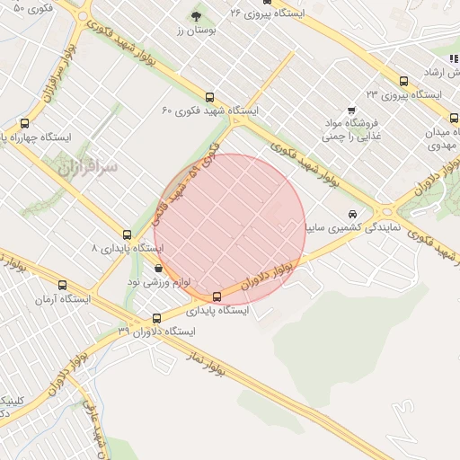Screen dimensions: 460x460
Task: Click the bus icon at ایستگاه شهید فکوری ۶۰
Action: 210,98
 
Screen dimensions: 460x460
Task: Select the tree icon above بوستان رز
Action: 197,16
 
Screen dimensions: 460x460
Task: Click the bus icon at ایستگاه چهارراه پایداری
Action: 24,124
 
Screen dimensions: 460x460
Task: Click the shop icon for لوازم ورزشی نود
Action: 159,267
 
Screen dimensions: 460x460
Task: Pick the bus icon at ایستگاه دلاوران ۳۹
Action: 157,318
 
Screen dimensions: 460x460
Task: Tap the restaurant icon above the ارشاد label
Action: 454,58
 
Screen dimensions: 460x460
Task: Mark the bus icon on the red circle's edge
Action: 217,296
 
